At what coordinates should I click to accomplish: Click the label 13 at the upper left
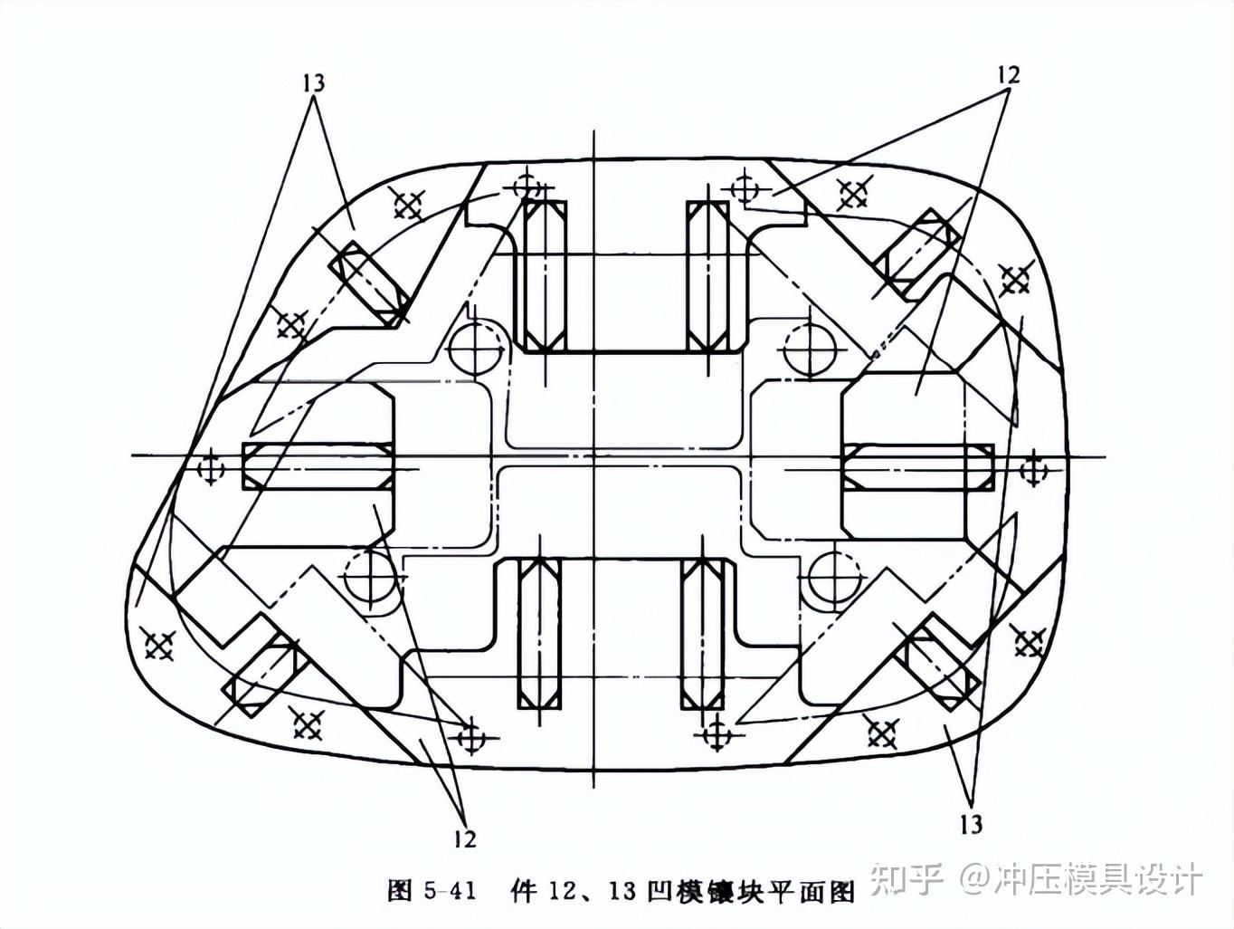coord(313,82)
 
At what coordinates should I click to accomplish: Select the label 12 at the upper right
coord(1008,74)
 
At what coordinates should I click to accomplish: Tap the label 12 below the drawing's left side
coord(464,838)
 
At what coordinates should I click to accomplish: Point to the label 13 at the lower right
coord(971,823)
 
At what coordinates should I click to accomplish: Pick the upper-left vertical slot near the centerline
coord(545,276)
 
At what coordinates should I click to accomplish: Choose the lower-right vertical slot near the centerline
coord(702,633)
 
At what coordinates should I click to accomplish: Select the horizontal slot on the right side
coord(917,465)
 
